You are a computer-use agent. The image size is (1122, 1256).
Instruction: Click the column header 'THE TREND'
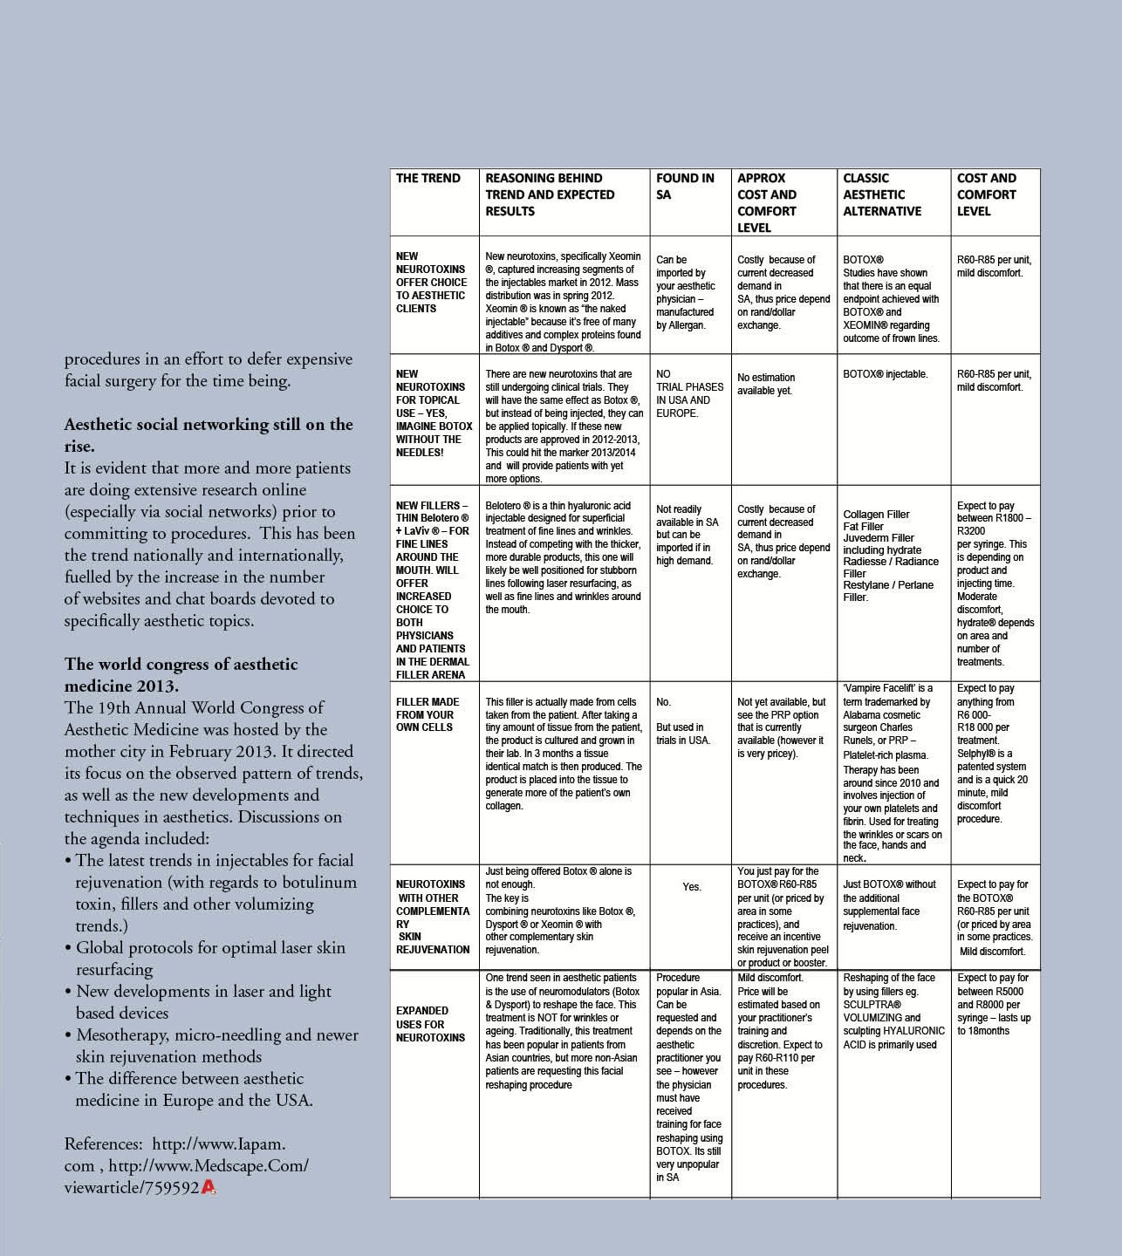(x=428, y=178)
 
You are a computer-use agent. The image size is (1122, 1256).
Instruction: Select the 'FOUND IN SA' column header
(x=685, y=186)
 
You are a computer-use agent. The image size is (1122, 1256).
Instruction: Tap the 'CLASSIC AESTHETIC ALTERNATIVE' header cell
(x=882, y=195)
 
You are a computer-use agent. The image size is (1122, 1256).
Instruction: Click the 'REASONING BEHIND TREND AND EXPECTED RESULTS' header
(x=550, y=195)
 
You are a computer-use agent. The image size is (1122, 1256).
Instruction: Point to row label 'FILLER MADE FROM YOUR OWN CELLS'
(x=427, y=714)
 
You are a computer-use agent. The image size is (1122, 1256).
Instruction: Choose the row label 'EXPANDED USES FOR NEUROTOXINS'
(x=430, y=1024)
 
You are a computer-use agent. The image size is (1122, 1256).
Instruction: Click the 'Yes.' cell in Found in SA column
(x=691, y=887)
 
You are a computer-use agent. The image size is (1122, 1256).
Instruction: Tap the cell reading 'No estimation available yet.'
(x=765, y=384)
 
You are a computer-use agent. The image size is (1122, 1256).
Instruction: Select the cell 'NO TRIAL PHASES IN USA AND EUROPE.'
(x=689, y=393)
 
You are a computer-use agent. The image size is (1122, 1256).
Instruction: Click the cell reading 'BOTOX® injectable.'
(x=885, y=374)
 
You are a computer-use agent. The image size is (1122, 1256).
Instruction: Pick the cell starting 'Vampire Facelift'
(x=893, y=773)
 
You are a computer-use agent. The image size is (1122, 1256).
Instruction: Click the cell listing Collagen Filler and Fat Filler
(x=891, y=556)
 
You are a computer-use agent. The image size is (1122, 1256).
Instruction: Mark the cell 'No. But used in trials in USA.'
(x=683, y=721)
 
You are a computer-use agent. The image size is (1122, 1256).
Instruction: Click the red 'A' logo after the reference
(x=209, y=1187)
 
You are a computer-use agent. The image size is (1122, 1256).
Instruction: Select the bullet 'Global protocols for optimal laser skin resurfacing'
(x=209, y=959)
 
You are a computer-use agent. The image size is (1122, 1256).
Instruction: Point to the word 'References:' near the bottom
(x=103, y=1143)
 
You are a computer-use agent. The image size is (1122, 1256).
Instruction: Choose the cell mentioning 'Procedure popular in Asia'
(x=689, y=1077)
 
